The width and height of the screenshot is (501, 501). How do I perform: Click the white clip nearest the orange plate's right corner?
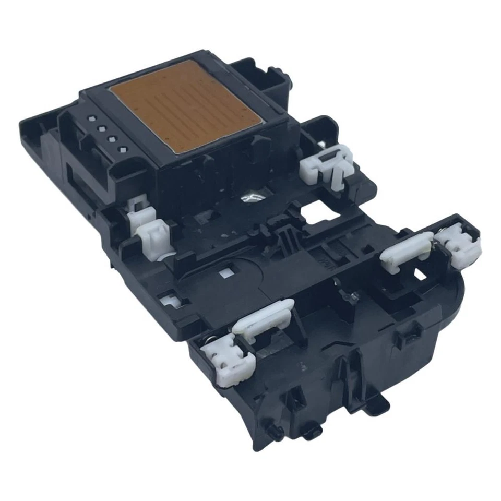click(x=327, y=162)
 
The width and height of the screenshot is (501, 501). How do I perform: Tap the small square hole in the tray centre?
click(x=226, y=273)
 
